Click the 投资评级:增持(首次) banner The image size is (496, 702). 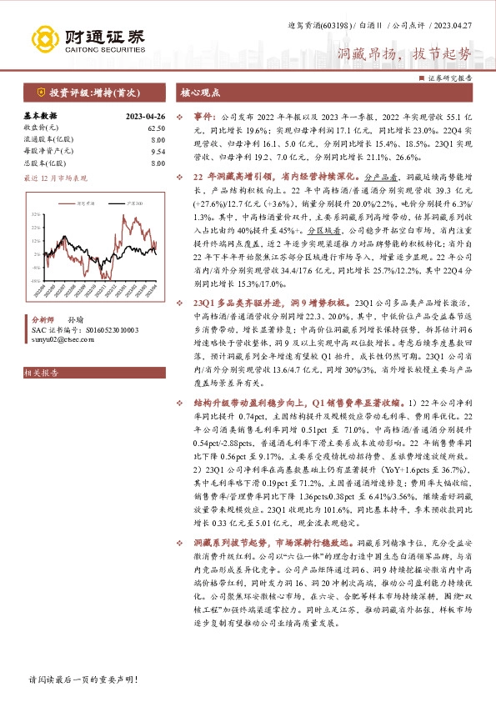pyautogui.click(x=86, y=94)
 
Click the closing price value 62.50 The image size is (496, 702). pyautogui.click(x=156, y=128)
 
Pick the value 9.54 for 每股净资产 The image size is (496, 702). pyautogui.click(x=158, y=153)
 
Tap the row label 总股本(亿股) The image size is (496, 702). pyautogui.click(x=49, y=164)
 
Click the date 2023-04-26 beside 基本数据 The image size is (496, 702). pyautogui.click(x=145, y=116)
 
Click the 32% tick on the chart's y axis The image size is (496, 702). pyautogui.click(x=35, y=215)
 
